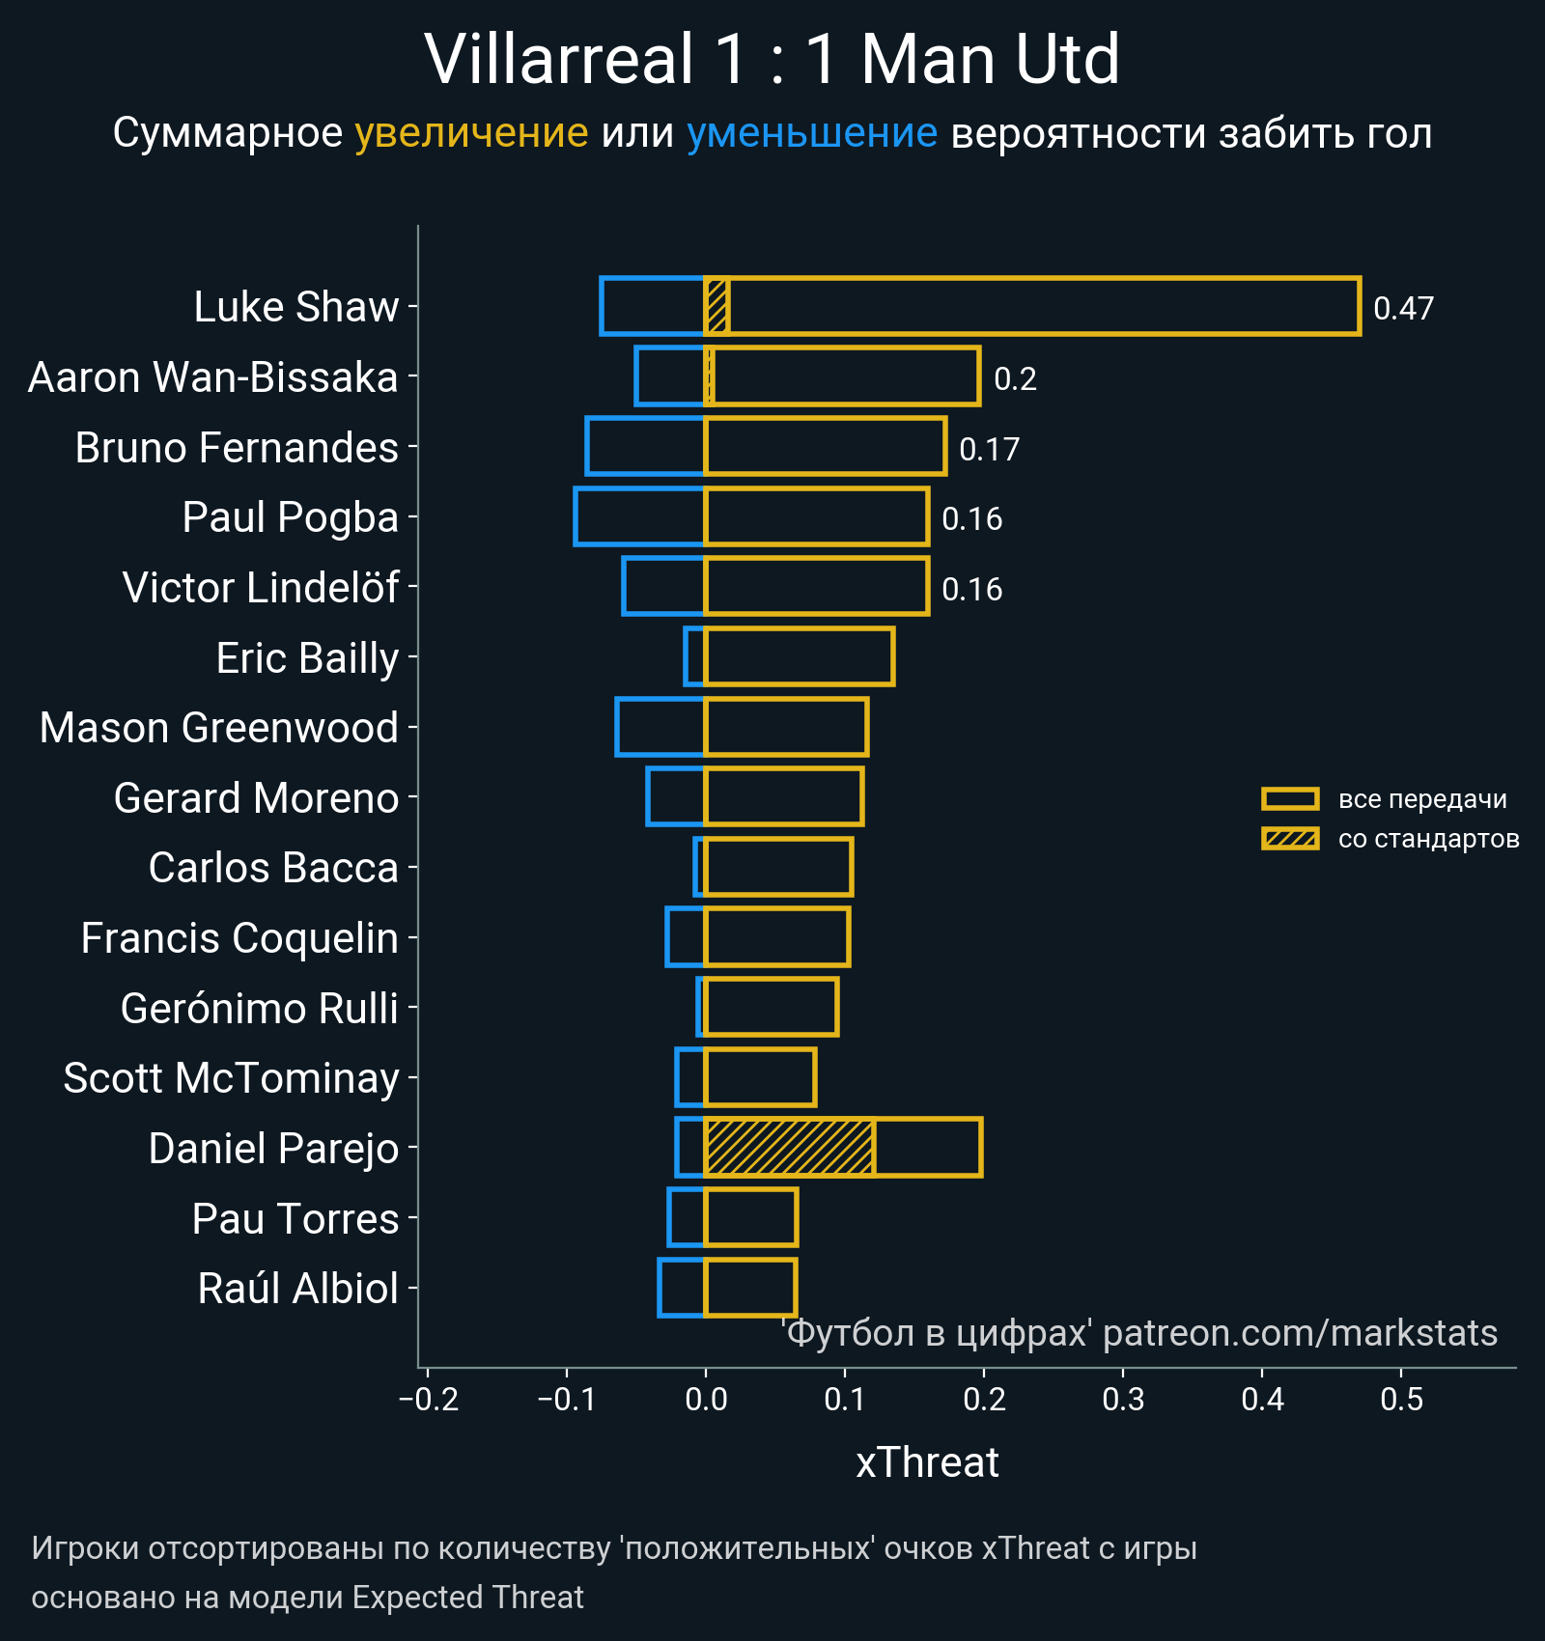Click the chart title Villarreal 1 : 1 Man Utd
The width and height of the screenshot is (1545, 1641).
[x=772, y=60]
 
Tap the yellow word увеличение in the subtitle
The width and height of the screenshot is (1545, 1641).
[x=471, y=133]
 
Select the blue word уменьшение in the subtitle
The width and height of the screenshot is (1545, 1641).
[x=811, y=133]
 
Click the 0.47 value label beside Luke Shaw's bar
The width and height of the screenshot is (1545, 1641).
[x=1403, y=309]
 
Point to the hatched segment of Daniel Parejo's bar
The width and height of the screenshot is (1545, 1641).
[x=790, y=1148]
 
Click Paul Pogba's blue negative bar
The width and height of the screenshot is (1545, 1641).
[x=640, y=517]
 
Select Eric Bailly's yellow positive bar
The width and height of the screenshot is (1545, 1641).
[x=800, y=657]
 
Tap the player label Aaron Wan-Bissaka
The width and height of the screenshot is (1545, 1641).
[x=213, y=377]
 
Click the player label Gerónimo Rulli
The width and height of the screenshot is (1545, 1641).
[x=260, y=1009]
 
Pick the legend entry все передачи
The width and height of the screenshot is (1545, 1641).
[x=1421, y=799]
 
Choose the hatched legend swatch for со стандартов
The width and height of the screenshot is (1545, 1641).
[x=1290, y=839]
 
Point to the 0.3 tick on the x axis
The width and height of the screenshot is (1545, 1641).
[x=1123, y=1399]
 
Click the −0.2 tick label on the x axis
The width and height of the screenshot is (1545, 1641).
[x=429, y=1399]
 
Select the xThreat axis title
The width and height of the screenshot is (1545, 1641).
[x=927, y=1462]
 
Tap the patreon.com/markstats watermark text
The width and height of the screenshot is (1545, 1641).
[x=1300, y=1333]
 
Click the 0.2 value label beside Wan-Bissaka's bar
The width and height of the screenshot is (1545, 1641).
[x=1015, y=379]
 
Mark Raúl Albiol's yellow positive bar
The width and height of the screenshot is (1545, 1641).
[x=750, y=1288]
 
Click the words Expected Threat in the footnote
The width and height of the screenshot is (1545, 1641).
[x=467, y=1598]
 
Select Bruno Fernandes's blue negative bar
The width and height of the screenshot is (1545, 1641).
[x=645, y=447]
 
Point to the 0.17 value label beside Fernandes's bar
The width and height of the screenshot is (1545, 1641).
[x=989, y=450]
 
